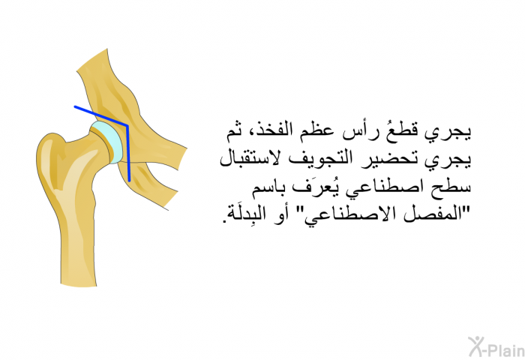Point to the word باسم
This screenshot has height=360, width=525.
pos(268,187)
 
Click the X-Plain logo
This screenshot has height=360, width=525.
pos(496,346)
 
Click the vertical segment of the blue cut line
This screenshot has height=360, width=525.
pos(128,154)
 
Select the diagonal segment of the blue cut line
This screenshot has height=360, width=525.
pos(100,116)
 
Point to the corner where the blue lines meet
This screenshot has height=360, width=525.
pos(127,126)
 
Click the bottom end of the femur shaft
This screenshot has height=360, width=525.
pos(79,285)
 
